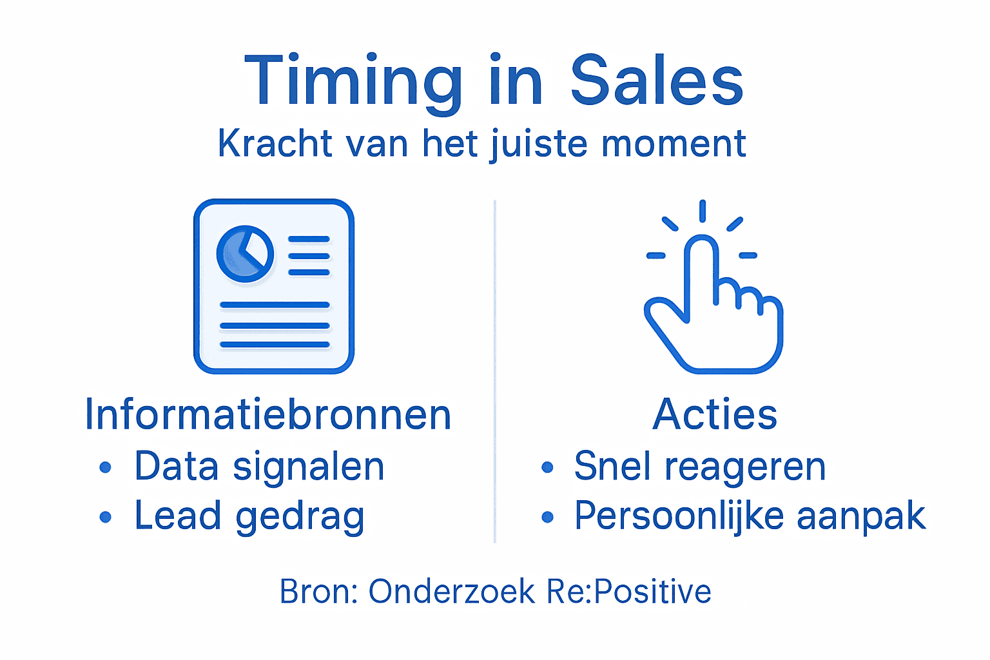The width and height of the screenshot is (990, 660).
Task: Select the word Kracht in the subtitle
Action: point(275,143)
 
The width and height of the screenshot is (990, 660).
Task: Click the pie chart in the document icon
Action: point(245,254)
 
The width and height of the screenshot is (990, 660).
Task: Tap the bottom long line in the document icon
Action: point(275,345)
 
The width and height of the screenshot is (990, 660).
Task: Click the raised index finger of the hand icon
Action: point(701,271)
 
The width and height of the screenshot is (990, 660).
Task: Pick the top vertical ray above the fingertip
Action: point(703,211)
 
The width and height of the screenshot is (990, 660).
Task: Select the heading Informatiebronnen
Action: point(267,414)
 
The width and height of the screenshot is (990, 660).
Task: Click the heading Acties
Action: point(715,414)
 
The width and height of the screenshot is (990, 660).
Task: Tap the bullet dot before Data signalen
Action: point(106,467)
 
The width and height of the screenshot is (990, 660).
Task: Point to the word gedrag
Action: point(300,518)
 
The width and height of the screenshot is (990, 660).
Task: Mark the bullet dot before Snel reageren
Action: point(547,467)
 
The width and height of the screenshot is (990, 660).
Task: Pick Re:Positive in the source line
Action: point(628,592)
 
